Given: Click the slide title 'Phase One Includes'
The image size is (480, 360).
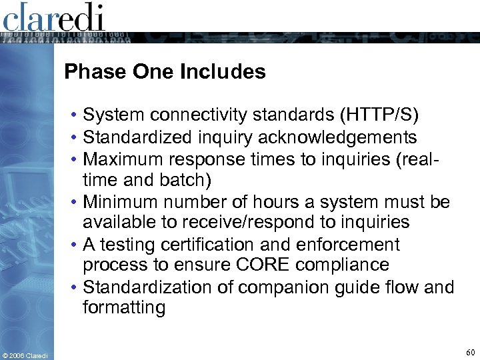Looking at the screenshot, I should (165, 72).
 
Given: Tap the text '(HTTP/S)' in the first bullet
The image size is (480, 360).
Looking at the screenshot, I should (379, 115).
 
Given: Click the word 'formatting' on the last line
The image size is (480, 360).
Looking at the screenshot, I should (123, 308).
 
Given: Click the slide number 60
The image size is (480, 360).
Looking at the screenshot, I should (470, 352).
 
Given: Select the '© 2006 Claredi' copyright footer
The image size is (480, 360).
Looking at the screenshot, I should (25, 355).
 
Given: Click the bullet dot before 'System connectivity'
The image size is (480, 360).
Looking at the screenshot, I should (75, 116).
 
